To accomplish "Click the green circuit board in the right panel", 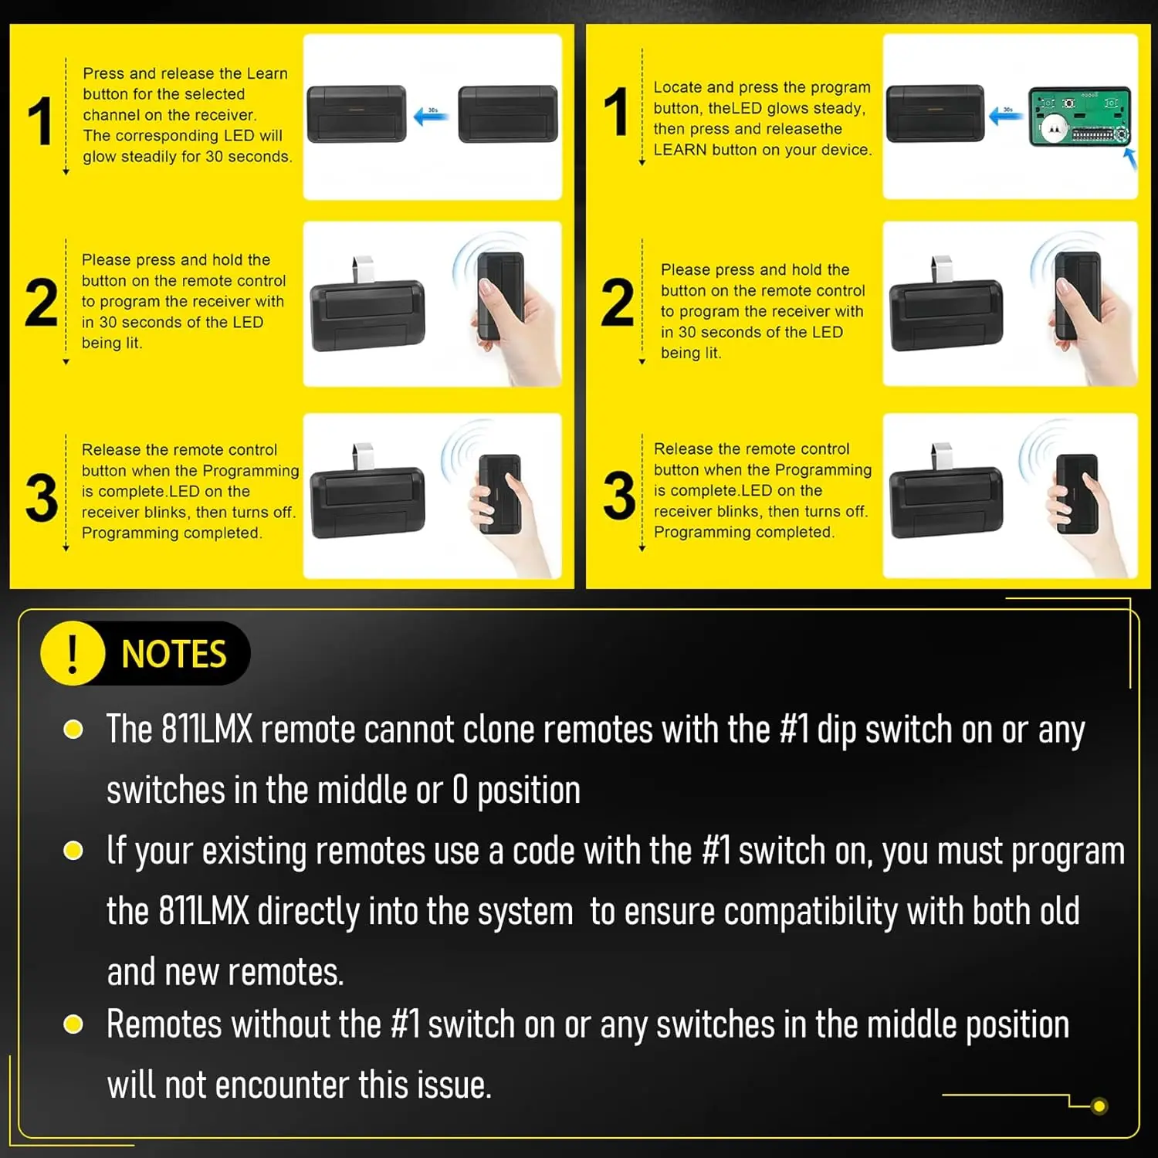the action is (1080, 117).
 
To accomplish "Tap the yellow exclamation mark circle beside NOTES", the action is (73, 654).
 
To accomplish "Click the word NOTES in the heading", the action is (174, 655).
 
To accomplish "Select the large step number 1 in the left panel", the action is (40, 120).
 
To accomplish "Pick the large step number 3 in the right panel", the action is (619, 495).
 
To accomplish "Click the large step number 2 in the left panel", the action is (41, 303).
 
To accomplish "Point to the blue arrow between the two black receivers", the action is (431, 116).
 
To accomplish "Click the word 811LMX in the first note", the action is (206, 730).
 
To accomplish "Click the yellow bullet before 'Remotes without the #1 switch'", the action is (73, 1024).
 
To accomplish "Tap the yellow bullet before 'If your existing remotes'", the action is (73, 851).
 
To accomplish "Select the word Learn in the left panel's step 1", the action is (267, 73).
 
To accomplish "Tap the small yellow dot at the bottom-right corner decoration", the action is (1099, 1106).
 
